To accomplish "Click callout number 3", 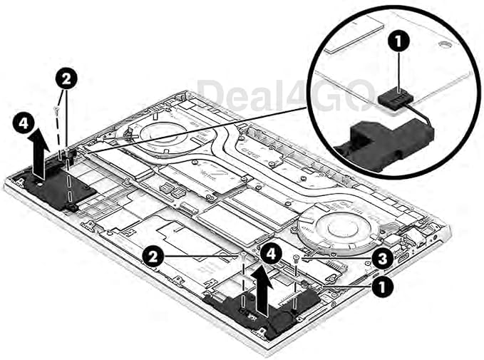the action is coord(383,259).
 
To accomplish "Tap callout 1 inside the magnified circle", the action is coord(398,41).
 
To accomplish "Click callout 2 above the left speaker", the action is coord(66,79).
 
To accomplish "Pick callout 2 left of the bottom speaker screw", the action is coord(153,256).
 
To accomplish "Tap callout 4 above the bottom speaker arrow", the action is coord(271,254).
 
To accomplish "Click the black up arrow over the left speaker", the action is coord(39,153).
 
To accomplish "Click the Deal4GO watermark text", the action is coord(286,95).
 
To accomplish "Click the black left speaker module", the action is coord(57,185).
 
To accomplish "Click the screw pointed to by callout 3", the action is coord(297,257).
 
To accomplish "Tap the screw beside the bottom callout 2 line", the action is coord(244,254).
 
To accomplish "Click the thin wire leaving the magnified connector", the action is coord(423,114).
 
